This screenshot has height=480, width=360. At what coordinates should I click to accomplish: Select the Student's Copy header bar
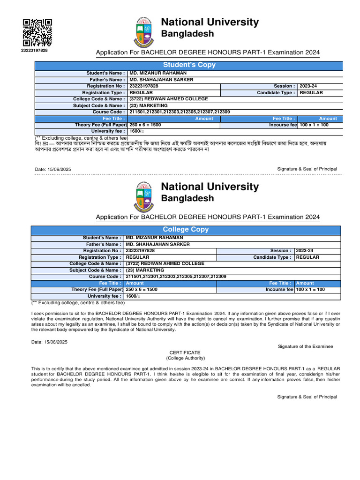click(x=189, y=65)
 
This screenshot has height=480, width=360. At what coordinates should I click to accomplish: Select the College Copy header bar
click(x=186, y=230)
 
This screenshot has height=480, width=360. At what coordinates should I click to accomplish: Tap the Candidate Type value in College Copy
click(x=307, y=257)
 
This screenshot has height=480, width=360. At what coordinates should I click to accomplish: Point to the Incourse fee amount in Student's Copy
click(x=314, y=125)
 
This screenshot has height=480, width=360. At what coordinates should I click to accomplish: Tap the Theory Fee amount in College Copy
click(x=142, y=290)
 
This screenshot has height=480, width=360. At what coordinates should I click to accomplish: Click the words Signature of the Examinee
click(x=305, y=346)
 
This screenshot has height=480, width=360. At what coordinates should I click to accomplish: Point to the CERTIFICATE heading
click(x=185, y=352)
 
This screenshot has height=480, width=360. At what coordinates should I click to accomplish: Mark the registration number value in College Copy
click(x=140, y=251)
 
